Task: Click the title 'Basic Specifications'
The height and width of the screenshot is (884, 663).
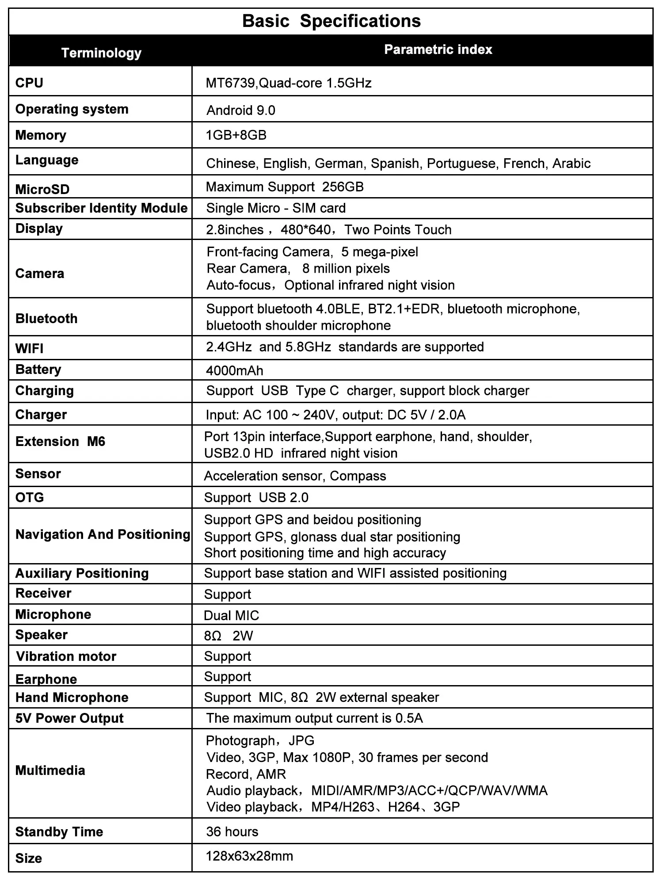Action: click(x=331, y=21)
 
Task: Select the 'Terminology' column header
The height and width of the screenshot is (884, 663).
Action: click(x=101, y=53)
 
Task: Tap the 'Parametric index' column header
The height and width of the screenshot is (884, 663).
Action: click(x=438, y=50)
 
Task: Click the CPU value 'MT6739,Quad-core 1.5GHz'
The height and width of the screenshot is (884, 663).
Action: click(x=289, y=83)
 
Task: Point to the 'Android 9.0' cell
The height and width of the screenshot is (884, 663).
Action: click(x=241, y=110)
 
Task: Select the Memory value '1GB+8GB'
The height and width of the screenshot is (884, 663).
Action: click(x=236, y=135)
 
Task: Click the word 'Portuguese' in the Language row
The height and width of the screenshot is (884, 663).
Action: click(x=463, y=164)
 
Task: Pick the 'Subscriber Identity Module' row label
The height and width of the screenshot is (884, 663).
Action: click(x=101, y=208)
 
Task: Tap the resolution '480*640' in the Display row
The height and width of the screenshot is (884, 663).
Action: click(x=312, y=230)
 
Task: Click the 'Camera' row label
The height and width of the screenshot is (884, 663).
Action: click(x=40, y=274)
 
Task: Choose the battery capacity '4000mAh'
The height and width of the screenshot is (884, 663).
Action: click(x=235, y=370)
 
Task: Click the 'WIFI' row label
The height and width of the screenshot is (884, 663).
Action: click(x=29, y=349)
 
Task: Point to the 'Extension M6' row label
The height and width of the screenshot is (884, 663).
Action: click(x=60, y=442)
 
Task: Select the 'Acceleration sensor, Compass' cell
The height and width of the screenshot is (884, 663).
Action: click(x=295, y=476)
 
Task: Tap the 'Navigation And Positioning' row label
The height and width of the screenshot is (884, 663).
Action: click(x=103, y=535)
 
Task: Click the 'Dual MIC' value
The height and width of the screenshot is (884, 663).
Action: click(x=232, y=616)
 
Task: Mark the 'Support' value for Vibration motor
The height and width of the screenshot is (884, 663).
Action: click(x=228, y=656)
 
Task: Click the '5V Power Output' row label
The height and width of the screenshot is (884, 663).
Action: click(x=69, y=718)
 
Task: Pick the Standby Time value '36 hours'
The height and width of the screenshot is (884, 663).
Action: click(x=232, y=832)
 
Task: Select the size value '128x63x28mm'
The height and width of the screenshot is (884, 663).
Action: click(x=249, y=856)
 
